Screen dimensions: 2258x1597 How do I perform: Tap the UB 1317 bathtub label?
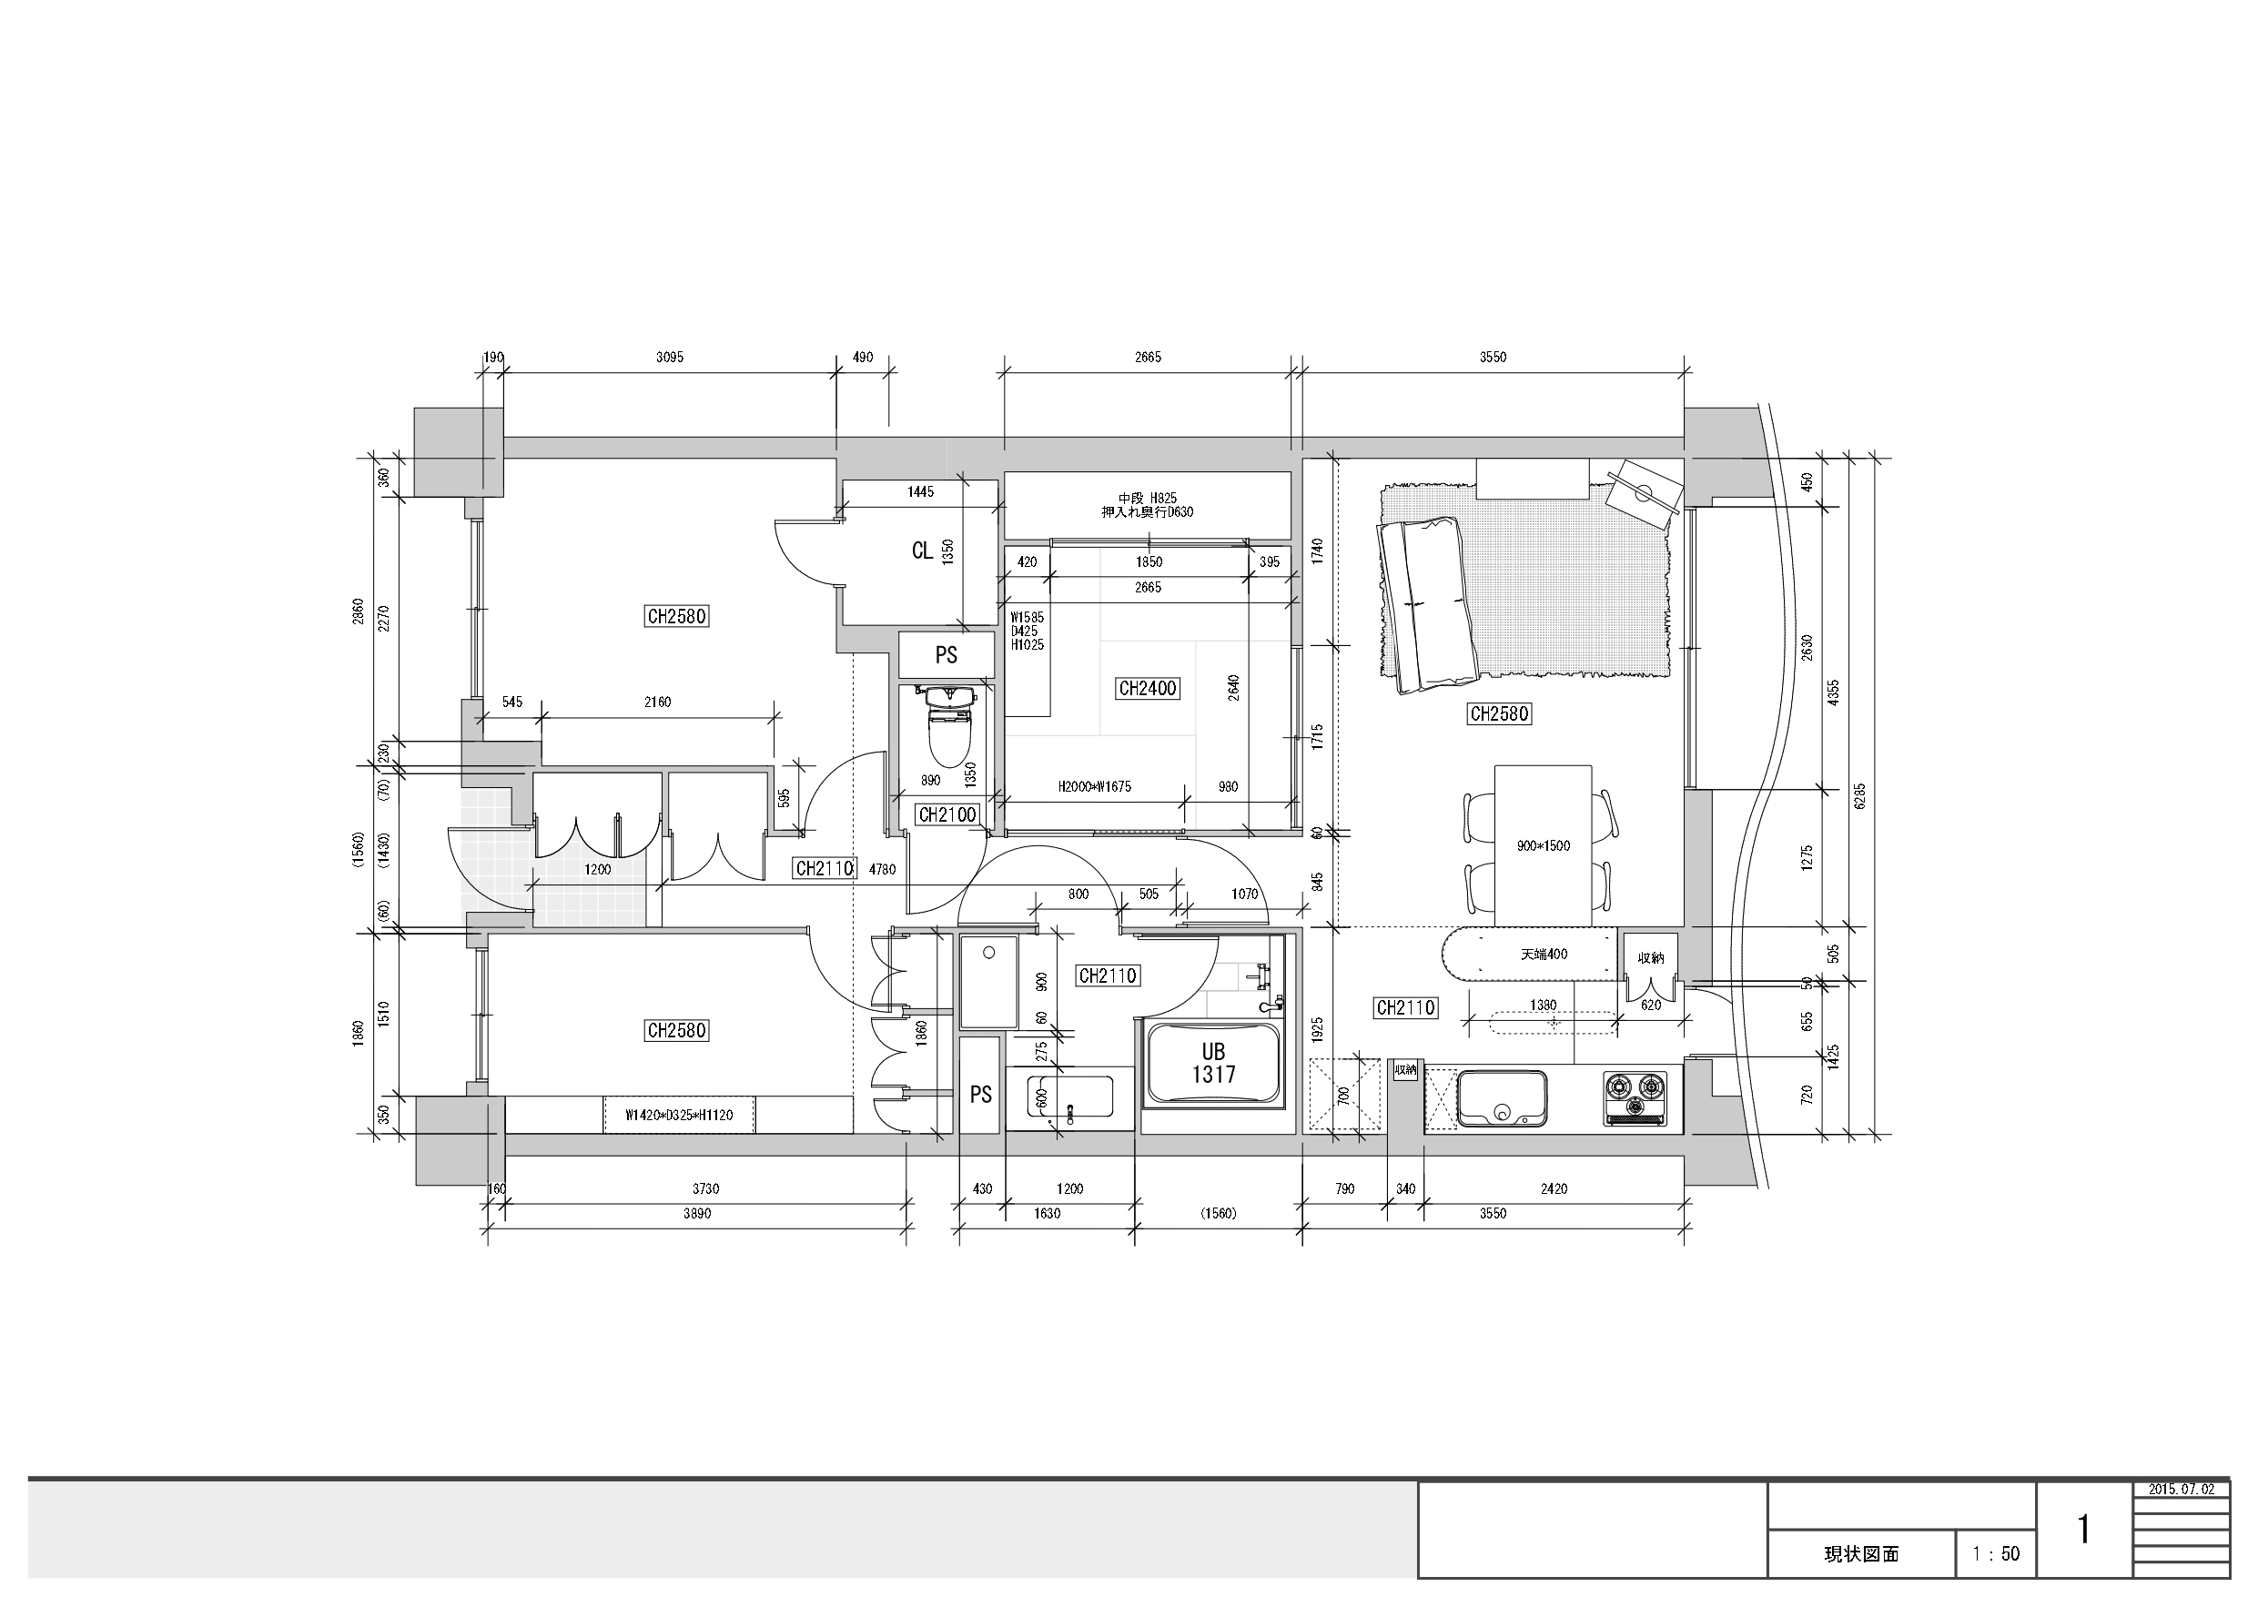coord(1213,1063)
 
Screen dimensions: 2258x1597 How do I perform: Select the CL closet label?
coord(921,551)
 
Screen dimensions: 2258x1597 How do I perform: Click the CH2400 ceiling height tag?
coord(1148,688)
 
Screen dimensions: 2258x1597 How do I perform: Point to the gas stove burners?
coord(1635,1097)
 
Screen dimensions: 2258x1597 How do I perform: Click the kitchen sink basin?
coord(1502,1097)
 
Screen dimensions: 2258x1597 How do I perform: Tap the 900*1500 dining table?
coord(1543,845)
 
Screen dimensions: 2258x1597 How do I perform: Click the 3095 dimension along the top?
coord(670,357)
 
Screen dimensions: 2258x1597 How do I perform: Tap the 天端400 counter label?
coord(1544,954)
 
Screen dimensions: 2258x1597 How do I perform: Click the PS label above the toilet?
coord(947,655)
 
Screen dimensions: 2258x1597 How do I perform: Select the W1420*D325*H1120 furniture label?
coord(679,1115)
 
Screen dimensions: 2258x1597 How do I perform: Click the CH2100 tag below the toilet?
coord(947,814)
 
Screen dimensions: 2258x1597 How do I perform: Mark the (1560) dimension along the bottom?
coord(1218,1214)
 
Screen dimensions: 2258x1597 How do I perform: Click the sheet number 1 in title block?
coord(2083,1529)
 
